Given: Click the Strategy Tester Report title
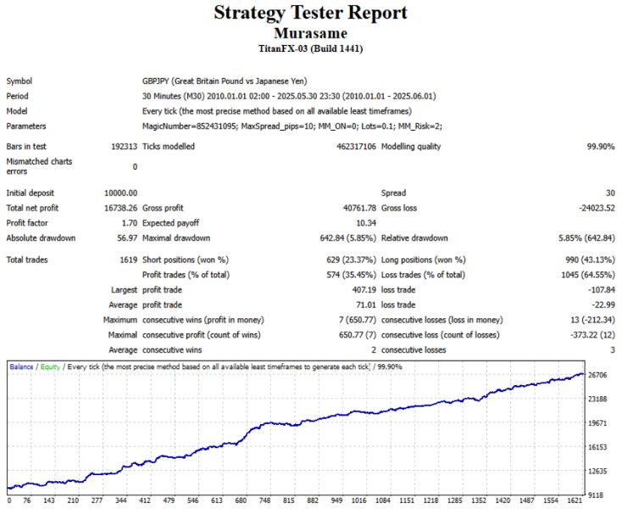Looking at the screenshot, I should point(310,14).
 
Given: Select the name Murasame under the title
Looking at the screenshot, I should point(310,33).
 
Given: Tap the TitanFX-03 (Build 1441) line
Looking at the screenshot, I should point(310,49).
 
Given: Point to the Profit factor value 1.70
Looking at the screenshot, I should point(129,223).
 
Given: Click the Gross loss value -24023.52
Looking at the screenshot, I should point(591,208).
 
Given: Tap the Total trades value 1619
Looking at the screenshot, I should point(128,260).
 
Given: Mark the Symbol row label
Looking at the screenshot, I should point(19,81).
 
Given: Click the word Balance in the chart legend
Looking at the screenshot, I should point(22,366).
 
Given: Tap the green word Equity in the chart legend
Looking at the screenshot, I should point(51,366).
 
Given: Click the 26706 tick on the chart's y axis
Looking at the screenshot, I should point(597,374).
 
